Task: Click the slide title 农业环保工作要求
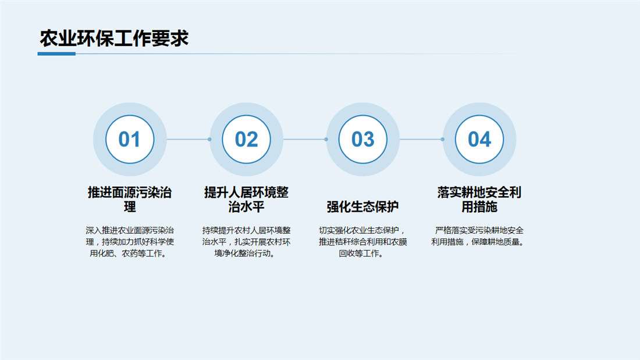tap(114, 38)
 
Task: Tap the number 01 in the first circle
tap(129, 139)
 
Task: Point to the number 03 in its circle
tap(363, 139)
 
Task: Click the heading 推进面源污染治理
tap(130, 199)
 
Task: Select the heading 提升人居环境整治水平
tap(246, 199)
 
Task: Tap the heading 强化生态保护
tap(362, 206)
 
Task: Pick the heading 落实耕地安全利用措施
tap(479, 199)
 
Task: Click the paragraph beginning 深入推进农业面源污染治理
tap(130, 241)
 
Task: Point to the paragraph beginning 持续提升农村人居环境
tap(246, 241)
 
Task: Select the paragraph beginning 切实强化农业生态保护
tap(362, 241)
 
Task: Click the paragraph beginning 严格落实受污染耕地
tap(478, 236)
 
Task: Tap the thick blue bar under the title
tap(56, 54)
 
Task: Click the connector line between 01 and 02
tap(188, 139)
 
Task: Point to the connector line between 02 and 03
tap(304, 139)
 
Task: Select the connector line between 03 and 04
tap(421, 139)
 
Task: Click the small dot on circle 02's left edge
tap(209, 139)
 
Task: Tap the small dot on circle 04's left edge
tap(442, 139)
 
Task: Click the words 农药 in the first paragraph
tap(130, 254)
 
